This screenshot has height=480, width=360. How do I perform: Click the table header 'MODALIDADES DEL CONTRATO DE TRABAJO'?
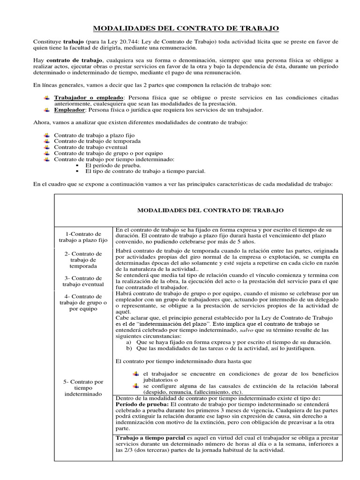tap(210, 211)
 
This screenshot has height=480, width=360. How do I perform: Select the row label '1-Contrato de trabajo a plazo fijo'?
tap(83, 237)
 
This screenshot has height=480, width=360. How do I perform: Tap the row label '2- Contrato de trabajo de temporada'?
tap(83, 260)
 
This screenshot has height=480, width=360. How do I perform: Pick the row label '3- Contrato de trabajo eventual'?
tap(83, 281)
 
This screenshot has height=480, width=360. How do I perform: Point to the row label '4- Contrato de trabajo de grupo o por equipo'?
tap(83, 302)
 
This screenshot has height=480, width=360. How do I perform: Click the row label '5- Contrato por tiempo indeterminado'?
tap(83, 388)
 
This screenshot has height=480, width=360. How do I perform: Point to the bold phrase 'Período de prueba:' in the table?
tap(142, 404)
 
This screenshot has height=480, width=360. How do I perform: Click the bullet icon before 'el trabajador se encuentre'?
tap(136, 373)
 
